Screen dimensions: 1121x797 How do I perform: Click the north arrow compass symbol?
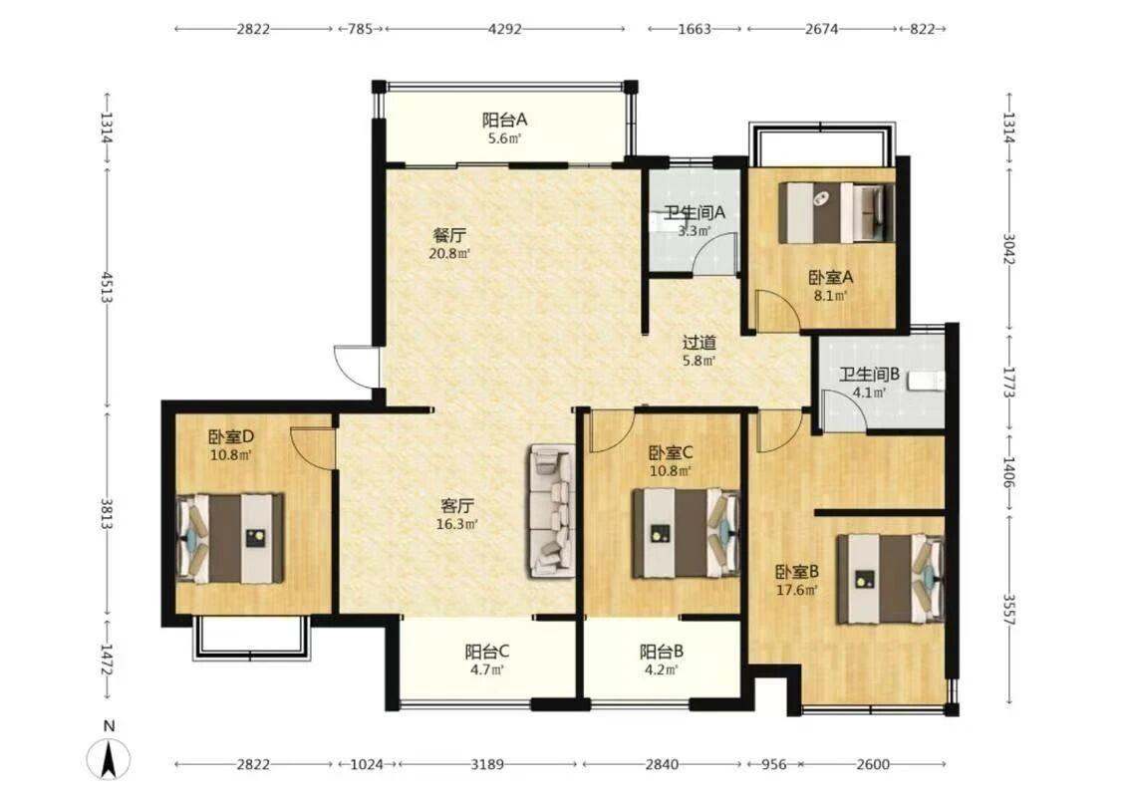(109, 758)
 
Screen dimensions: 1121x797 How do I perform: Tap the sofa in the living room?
(552, 510)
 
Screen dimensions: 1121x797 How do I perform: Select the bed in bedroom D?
(230, 538)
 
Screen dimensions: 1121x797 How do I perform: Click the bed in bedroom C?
(685, 533)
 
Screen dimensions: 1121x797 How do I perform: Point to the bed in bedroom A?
(836, 212)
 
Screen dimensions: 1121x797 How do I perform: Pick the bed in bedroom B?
(891, 579)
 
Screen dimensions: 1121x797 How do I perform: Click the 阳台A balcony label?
(504, 120)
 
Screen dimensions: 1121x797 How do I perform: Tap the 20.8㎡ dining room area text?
(449, 253)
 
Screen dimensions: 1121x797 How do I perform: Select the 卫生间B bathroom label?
(869, 374)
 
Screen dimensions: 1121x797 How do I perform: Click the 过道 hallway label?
(699, 343)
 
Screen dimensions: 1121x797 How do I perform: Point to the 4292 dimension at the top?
(505, 29)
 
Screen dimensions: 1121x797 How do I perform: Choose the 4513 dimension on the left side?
(108, 286)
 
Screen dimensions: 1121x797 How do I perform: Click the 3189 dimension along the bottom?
(487, 764)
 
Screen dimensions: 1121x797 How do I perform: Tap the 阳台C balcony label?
(487, 652)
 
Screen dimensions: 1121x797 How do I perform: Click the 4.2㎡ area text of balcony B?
(661, 669)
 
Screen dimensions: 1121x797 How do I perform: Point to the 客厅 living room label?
(456, 505)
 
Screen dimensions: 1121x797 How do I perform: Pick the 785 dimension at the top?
(361, 29)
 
